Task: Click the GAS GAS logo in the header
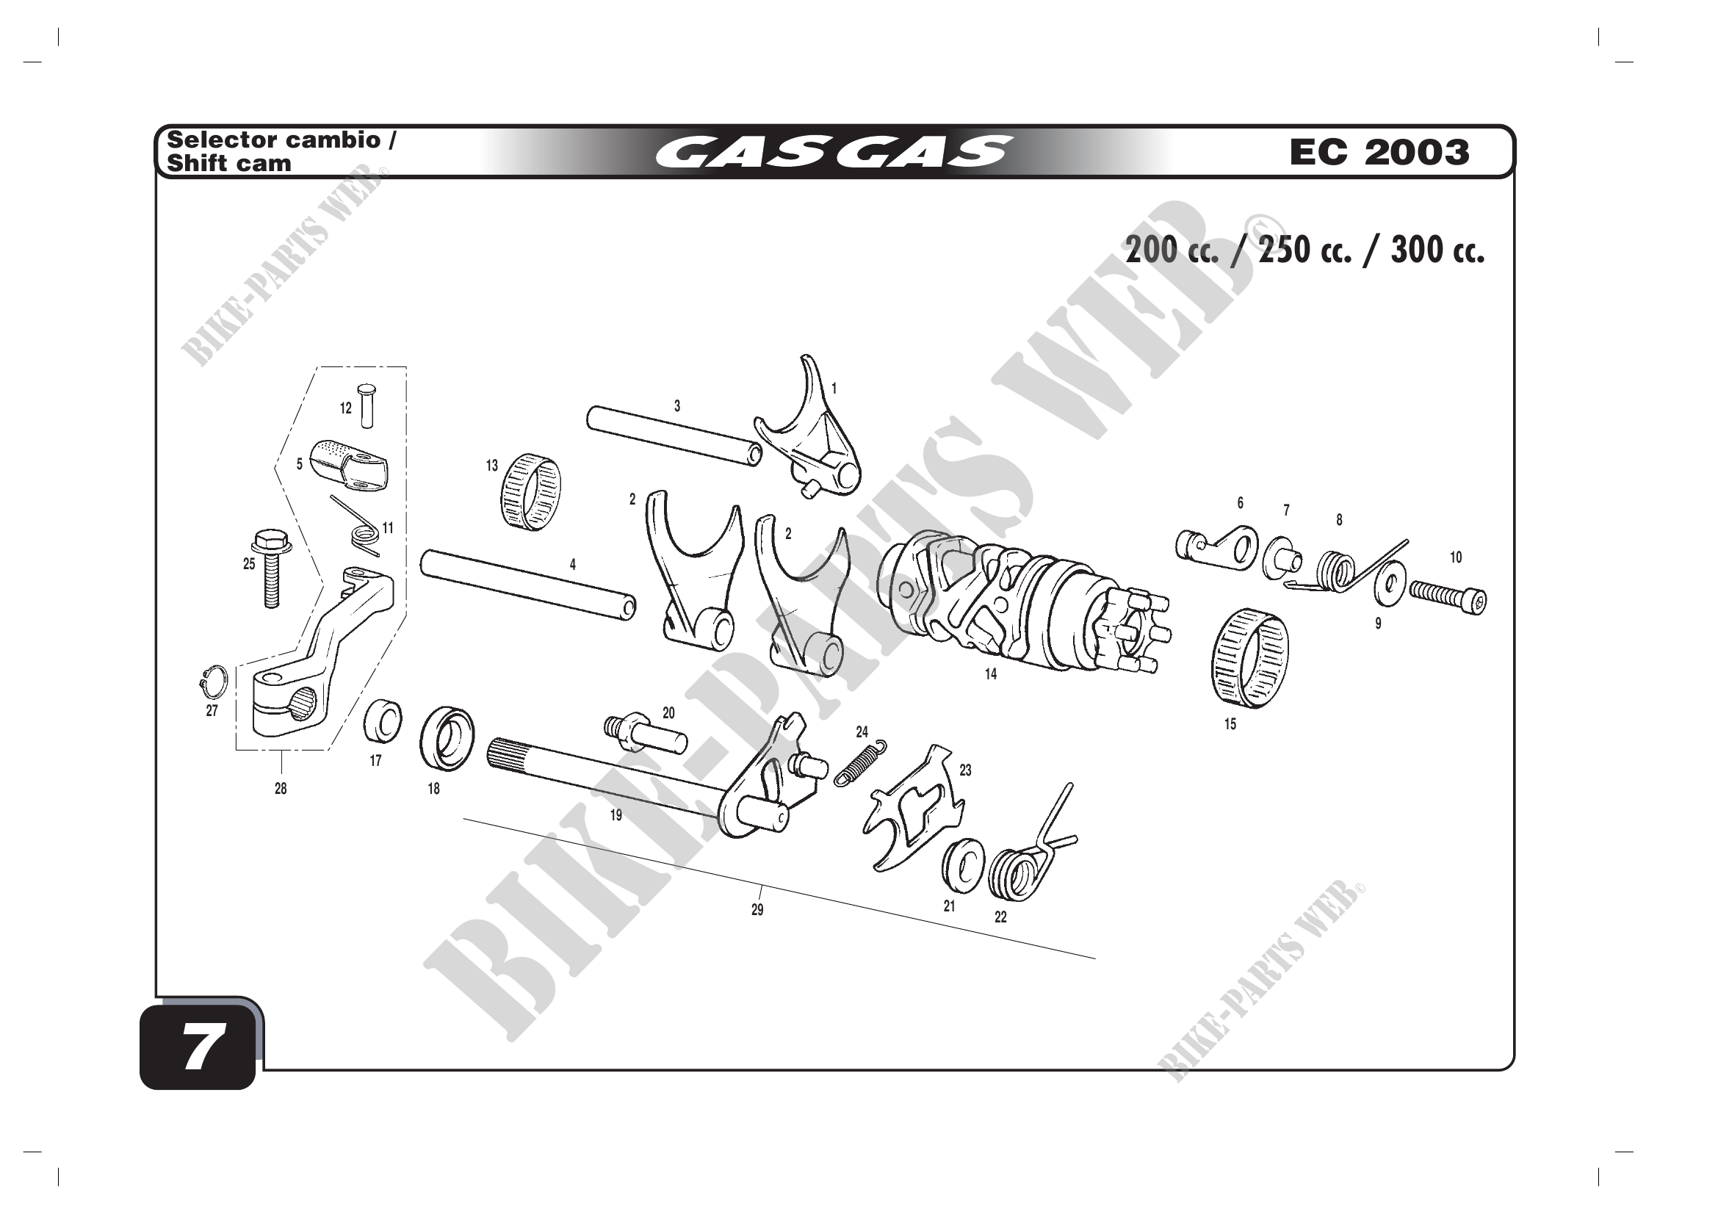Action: click(x=834, y=152)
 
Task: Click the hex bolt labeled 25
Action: click(x=269, y=568)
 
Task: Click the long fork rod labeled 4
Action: click(x=528, y=584)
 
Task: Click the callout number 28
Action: click(x=281, y=788)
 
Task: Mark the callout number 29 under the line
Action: click(x=757, y=910)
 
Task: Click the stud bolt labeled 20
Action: click(x=645, y=733)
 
